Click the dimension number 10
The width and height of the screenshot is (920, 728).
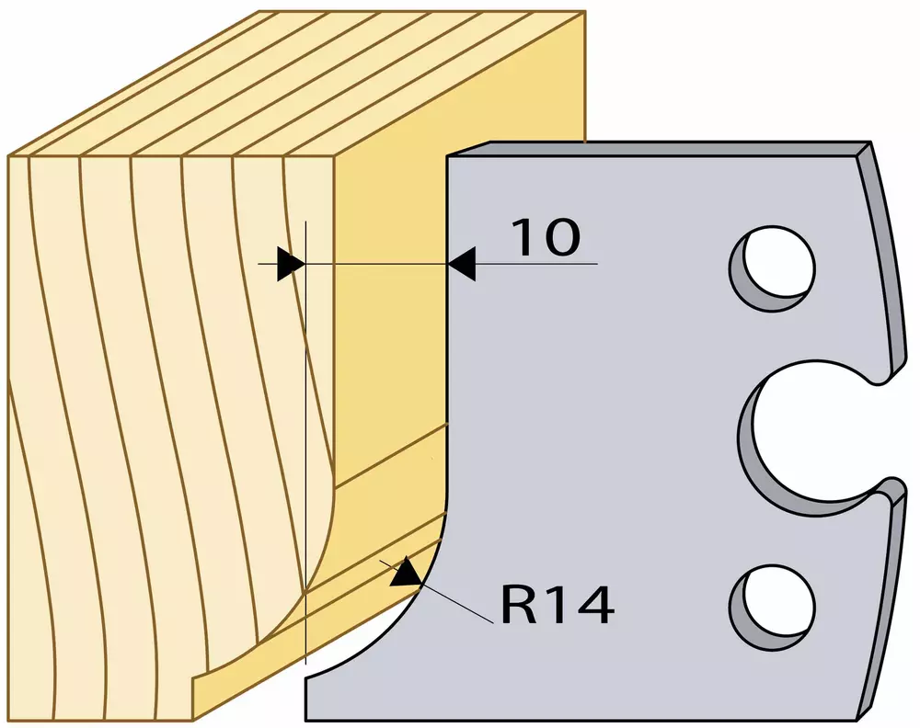546,237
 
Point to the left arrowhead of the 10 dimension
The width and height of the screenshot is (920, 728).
291,264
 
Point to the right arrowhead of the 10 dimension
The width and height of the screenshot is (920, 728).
461,264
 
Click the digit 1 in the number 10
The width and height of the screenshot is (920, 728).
524,237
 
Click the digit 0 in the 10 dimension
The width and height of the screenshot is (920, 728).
561,237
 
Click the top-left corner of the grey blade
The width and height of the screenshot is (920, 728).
447,156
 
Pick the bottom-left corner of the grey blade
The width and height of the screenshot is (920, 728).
305,722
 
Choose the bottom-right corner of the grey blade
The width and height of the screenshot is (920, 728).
857,722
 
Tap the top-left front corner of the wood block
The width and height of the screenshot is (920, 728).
9,156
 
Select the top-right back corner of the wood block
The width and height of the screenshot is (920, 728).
585,10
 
